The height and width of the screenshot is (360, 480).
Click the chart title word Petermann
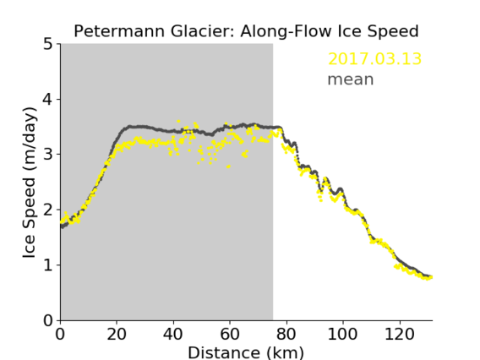[120, 31]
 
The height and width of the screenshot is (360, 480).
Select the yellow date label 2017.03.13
[374, 59]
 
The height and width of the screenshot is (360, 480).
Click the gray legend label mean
[351, 79]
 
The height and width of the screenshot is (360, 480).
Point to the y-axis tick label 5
[48, 45]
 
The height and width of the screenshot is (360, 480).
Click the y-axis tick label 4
[48, 100]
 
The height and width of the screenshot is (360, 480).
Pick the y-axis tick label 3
[48, 155]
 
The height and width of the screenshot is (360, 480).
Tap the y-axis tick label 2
[48, 210]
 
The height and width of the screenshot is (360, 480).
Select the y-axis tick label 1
[48, 265]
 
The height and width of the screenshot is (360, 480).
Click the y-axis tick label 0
[48, 320]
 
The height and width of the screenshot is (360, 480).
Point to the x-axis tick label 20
[117, 334]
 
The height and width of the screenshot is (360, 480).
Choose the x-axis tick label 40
[173, 334]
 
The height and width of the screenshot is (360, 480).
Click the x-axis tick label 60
[230, 334]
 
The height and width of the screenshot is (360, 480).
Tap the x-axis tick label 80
[286, 334]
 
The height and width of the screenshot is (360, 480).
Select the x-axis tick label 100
[342, 334]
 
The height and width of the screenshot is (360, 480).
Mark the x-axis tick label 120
[399, 334]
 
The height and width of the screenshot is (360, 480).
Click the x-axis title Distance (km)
[246, 352]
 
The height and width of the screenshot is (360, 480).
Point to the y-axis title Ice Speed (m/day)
[30, 183]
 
